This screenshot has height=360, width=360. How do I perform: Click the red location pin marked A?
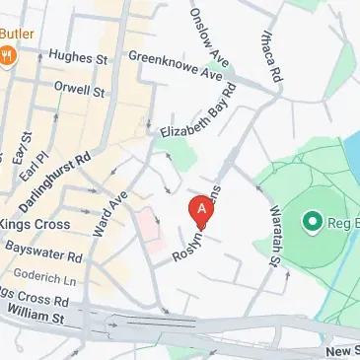201,210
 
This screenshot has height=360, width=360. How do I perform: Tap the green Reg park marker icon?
314,221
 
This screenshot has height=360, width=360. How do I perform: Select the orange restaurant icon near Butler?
9,56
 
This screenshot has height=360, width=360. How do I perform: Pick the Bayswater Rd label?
41,253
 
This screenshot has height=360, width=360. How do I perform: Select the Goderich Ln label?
38,277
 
